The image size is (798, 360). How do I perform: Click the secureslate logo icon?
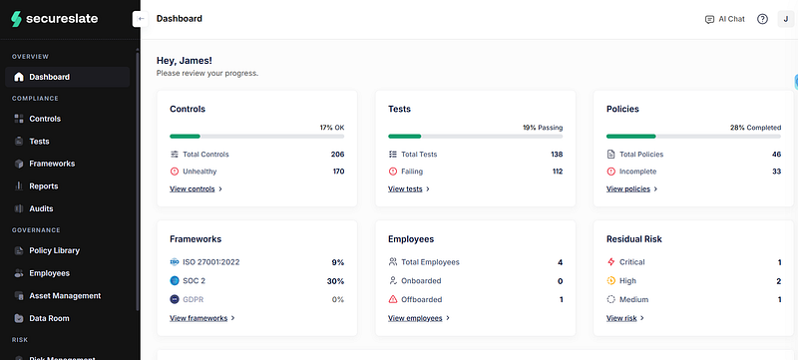(x=16, y=19)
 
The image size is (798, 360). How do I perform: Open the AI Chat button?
(x=725, y=19)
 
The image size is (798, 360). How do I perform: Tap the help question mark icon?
(x=762, y=19)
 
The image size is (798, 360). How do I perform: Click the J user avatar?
(x=786, y=19)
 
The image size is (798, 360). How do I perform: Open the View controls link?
(x=196, y=189)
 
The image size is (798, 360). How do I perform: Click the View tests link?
(x=409, y=189)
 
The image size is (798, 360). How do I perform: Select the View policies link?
(x=632, y=189)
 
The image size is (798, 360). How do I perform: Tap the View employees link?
(x=419, y=318)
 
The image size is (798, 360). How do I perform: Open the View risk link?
(x=625, y=318)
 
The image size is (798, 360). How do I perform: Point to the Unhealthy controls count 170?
(x=338, y=172)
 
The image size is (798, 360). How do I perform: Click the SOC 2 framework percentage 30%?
(x=335, y=281)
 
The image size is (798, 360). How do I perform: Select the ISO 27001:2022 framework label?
(x=211, y=262)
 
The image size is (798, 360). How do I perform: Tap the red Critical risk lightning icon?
(x=611, y=262)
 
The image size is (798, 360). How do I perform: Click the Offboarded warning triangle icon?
(x=393, y=300)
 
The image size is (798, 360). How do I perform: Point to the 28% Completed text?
(x=755, y=128)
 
